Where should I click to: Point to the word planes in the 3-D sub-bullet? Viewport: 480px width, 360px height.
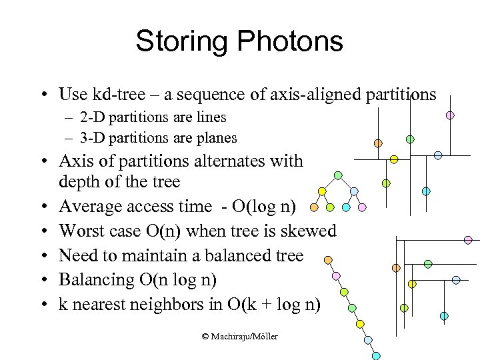(x=214, y=138)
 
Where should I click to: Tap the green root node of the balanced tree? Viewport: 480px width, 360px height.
(x=338, y=175)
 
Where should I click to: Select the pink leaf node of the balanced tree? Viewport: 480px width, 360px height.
(x=362, y=207)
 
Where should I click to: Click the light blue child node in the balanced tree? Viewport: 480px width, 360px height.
(x=355, y=191)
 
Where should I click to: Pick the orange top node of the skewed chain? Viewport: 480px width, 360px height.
(x=327, y=260)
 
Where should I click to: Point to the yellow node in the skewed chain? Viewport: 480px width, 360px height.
(x=360, y=324)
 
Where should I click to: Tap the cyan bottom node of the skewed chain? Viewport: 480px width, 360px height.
(x=376, y=355)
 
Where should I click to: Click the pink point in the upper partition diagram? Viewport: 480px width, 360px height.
(x=450, y=115)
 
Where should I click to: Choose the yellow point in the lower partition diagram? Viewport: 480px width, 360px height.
(x=412, y=283)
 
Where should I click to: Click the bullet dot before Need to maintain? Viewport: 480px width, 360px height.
(x=43, y=256)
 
